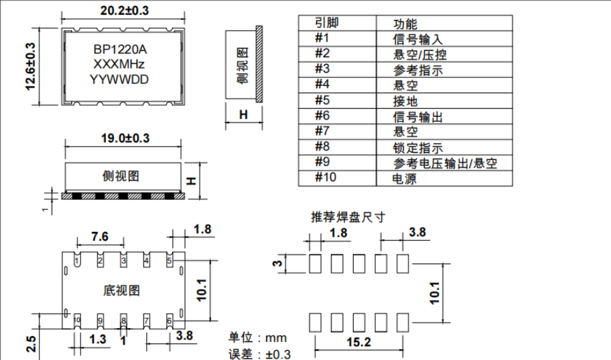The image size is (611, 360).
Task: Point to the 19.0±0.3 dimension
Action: click(124, 139)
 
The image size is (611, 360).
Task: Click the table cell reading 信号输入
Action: click(418, 39)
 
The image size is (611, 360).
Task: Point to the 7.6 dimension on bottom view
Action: click(99, 236)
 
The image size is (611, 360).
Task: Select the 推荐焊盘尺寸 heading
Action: click(348, 217)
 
